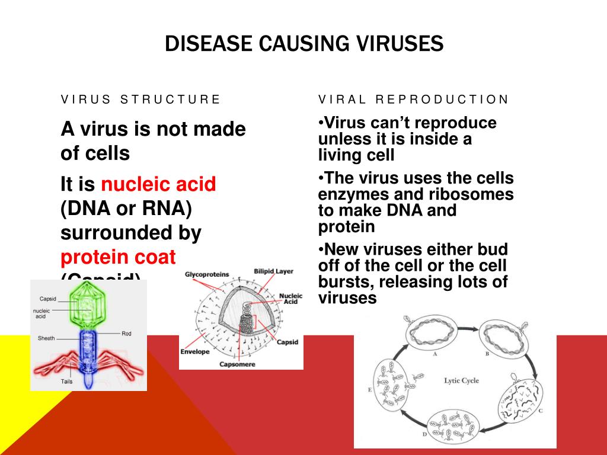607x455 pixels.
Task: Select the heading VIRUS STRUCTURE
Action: (x=140, y=100)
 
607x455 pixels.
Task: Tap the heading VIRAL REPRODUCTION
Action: (x=413, y=100)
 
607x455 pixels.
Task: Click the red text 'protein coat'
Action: (x=118, y=257)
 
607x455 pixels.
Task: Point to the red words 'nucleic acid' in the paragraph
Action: (x=158, y=185)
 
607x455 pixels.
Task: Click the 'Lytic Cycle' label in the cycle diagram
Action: (x=461, y=380)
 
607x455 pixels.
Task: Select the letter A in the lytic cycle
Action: (x=435, y=354)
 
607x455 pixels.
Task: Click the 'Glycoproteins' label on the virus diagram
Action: (x=207, y=274)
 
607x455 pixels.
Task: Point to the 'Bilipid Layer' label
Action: (x=273, y=271)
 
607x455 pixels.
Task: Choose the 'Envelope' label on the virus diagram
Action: (x=195, y=351)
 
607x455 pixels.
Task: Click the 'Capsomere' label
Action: (x=237, y=364)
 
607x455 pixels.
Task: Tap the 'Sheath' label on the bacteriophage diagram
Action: (x=46, y=338)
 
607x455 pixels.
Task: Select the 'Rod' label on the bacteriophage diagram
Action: (x=126, y=334)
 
